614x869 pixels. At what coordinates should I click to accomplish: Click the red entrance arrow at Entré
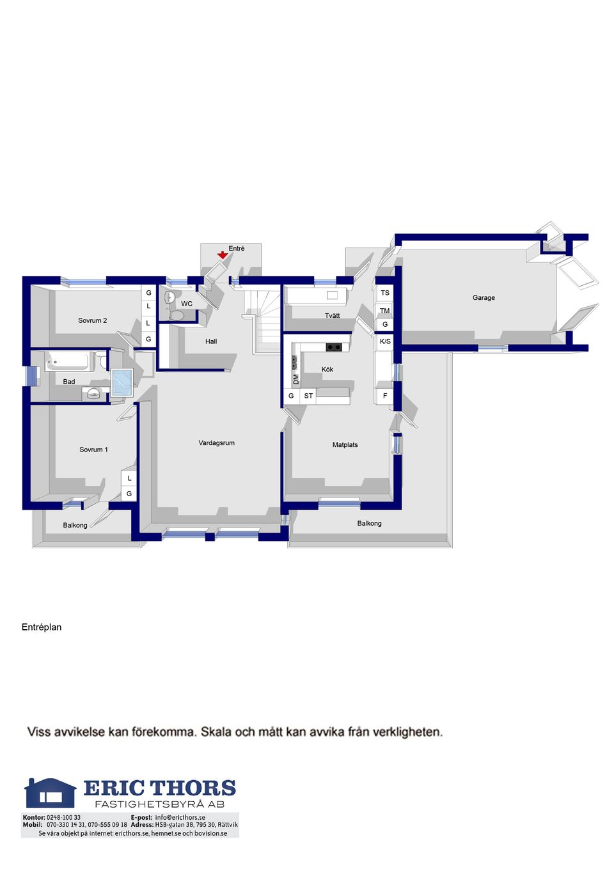[222, 255]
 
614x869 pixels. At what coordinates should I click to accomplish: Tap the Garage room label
[483, 297]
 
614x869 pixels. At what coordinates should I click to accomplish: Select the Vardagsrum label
[216, 442]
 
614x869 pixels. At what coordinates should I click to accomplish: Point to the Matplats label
[345, 444]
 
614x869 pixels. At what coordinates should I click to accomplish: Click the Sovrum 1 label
[93, 450]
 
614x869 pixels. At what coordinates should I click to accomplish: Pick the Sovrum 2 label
[92, 320]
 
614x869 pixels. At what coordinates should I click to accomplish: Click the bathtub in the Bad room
[68, 361]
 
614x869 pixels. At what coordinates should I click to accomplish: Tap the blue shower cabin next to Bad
[122, 382]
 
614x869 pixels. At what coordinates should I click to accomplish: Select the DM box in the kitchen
[296, 379]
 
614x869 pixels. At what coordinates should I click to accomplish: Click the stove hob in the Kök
[334, 347]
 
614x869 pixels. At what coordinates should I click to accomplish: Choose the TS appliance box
[384, 292]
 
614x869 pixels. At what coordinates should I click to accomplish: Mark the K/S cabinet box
[385, 341]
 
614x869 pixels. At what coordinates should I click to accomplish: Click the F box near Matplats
[385, 396]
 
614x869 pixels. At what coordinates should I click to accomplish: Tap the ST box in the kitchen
[308, 396]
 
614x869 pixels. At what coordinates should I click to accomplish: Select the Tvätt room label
[332, 315]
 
